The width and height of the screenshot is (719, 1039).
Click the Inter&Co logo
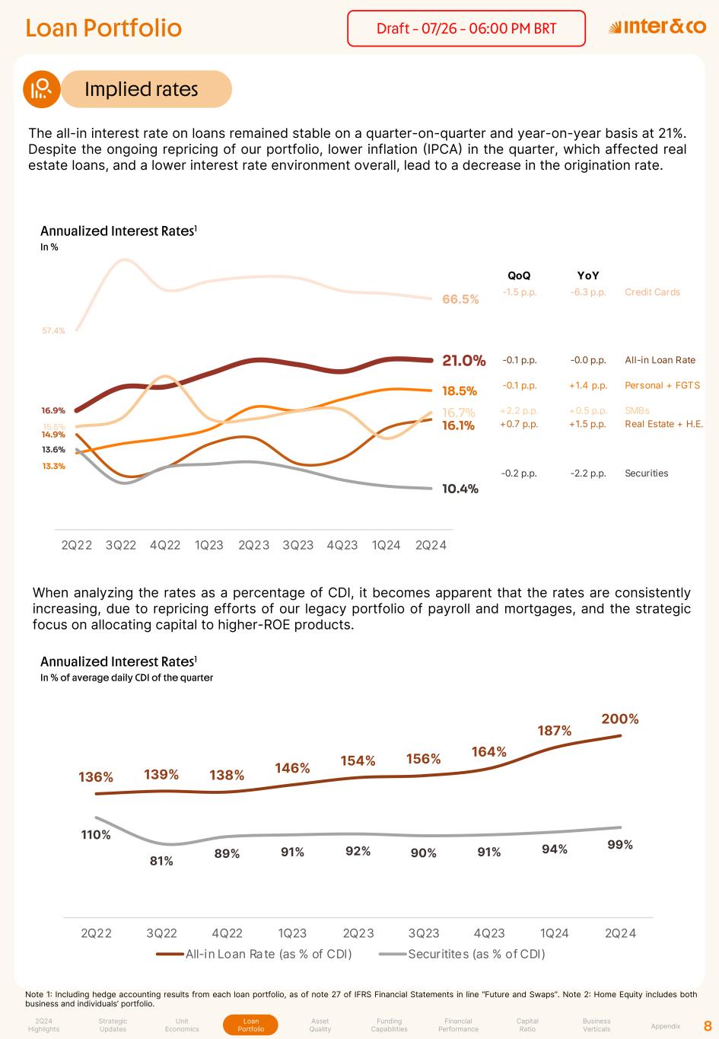657,27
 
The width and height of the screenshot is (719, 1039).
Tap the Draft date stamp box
466,29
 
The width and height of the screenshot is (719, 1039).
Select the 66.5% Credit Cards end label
460,299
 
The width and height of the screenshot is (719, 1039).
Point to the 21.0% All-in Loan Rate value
463,360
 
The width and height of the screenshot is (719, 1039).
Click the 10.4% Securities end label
460,489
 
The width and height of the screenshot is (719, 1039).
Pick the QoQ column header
519,276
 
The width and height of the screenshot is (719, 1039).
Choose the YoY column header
588,276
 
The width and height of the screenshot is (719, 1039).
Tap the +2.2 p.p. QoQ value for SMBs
519,411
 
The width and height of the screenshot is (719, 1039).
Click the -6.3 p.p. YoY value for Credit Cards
588,292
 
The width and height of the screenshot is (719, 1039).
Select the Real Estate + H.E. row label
663,424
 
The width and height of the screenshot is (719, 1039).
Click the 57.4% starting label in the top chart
53,330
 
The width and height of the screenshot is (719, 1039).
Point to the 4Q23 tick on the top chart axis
342,545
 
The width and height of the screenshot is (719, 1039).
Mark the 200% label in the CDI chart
620,719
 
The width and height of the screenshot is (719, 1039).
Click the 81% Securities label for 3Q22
161,861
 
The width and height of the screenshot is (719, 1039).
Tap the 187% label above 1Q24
555,731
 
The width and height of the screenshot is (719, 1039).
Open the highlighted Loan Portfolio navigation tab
251,1025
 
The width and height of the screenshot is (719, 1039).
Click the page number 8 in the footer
708,1025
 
